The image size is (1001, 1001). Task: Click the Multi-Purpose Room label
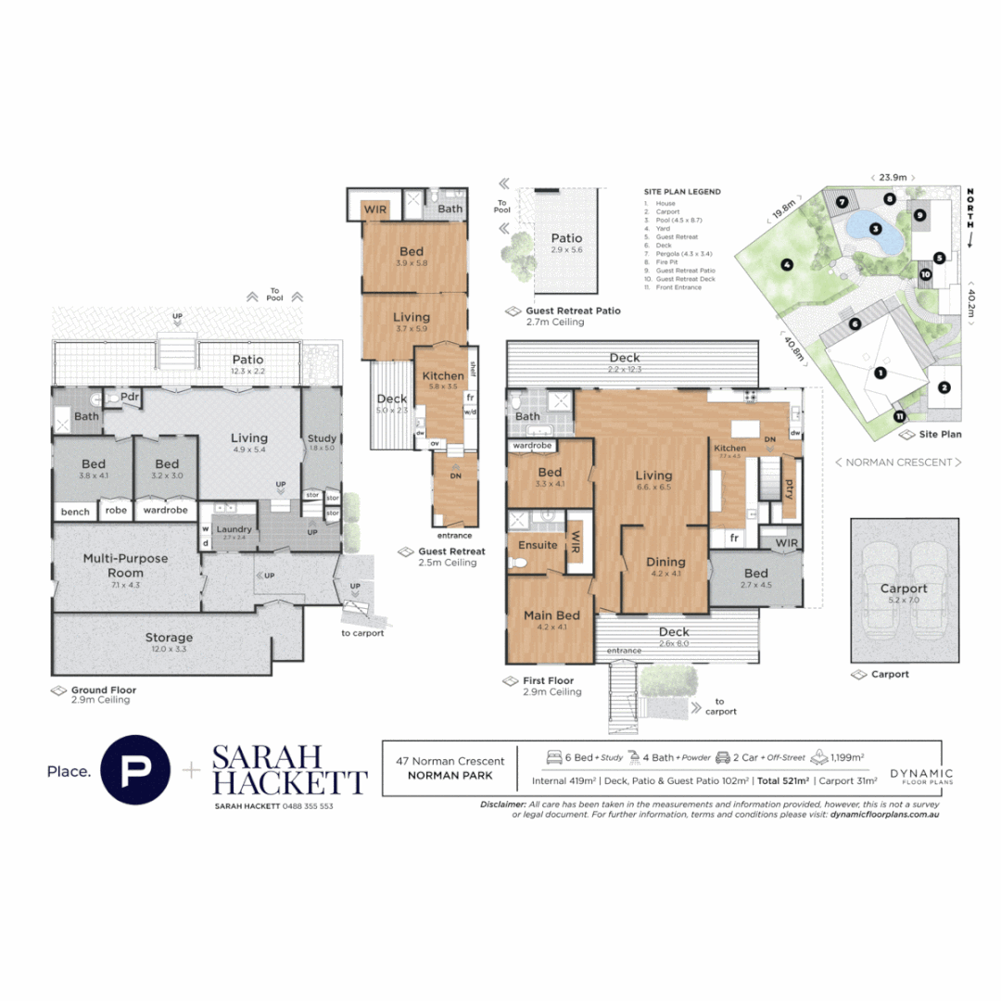pyautogui.click(x=126, y=565)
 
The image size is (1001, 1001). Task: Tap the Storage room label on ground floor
pyautogui.click(x=169, y=638)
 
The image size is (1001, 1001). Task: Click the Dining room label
pyautogui.click(x=665, y=562)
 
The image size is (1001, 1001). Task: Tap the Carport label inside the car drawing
pyautogui.click(x=903, y=589)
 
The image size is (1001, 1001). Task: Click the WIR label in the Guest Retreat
pyautogui.click(x=374, y=209)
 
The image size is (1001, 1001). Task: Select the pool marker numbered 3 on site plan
pyautogui.click(x=873, y=228)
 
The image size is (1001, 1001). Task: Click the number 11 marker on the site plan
pyautogui.click(x=899, y=416)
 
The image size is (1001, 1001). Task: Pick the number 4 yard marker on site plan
pyautogui.click(x=786, y=265)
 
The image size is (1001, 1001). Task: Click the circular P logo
pyautogui.click(x=135, y=769)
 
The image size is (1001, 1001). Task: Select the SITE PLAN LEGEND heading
pyautogui.click(x=682, y=192)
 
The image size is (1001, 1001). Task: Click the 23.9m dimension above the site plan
pyautogui.click(x=892, y=176)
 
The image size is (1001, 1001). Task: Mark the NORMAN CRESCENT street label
pyautogui.click(x=897, y=462)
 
